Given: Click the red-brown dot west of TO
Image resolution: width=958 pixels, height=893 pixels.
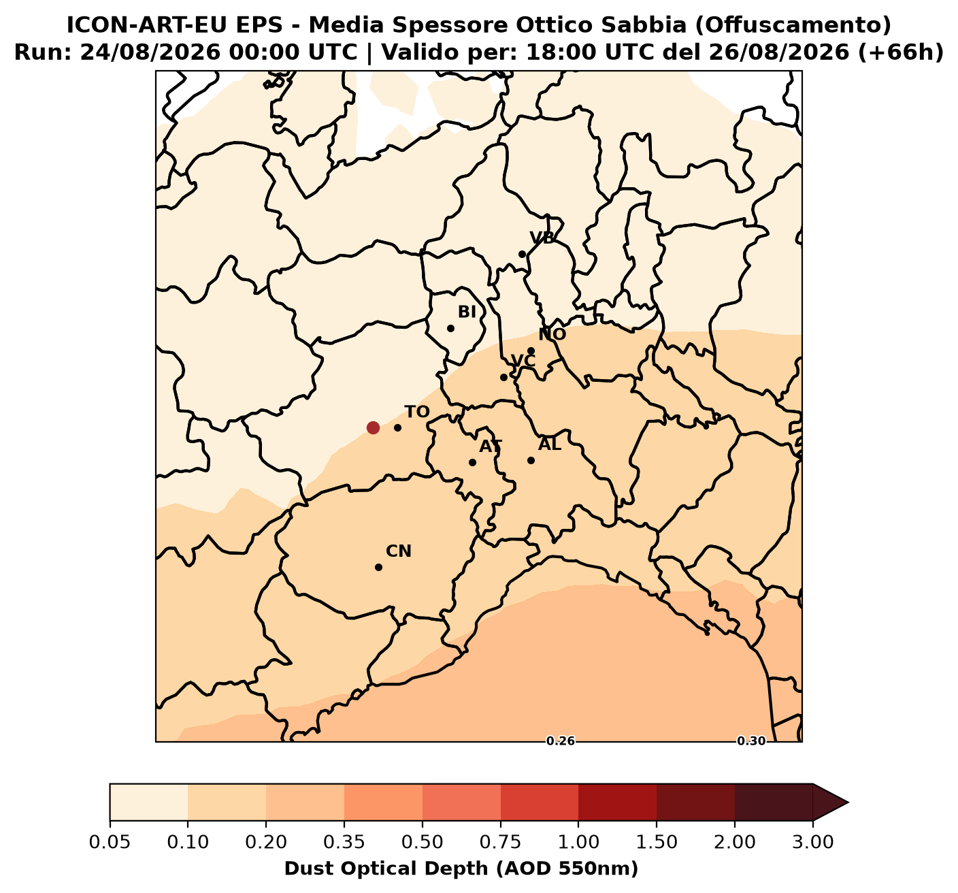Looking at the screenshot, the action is pos(372,427).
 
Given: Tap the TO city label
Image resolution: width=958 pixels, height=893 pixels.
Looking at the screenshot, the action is pos(417,412).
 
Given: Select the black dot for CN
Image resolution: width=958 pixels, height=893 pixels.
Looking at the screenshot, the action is pos(379,567).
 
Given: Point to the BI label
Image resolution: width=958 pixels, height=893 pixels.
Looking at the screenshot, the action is pos(467,312).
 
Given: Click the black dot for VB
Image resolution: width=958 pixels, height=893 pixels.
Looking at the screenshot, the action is pos(522,255).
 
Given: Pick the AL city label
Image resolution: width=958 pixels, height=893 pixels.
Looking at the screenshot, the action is pos(550,444).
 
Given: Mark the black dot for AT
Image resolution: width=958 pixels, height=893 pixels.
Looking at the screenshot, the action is pos(472,462).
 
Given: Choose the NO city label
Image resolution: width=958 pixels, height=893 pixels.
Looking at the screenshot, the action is pos(552,334).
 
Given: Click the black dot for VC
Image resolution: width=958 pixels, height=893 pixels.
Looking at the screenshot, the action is pos(503,378).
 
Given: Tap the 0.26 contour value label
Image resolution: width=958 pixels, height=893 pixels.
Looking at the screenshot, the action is pos(561,741).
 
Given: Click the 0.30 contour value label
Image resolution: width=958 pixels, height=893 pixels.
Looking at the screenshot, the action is pos(751,741).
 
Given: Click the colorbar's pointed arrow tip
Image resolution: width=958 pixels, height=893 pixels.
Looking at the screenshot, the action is pos(848,802).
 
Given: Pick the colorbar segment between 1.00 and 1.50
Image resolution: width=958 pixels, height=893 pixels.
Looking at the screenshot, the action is pos(617,802).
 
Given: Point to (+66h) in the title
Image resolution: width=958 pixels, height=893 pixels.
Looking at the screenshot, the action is pos(901,52).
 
